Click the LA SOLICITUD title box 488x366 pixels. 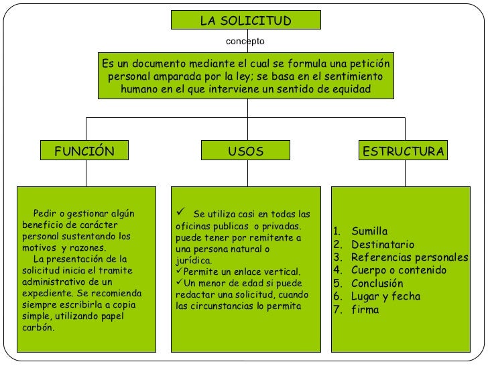click(x=246, y=20)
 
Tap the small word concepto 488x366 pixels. click(x=245, y=42)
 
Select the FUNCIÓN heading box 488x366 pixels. click(x=84, y=151)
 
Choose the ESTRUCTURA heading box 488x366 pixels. click(x=403, y=151)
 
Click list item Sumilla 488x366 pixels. click(x=369, y=231)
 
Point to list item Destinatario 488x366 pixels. click(x=383, y=245)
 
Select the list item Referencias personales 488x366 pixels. click(x=409, y=258)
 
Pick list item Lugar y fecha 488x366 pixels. click(x=385, y=297)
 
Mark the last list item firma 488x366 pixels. click(x=365, y=310)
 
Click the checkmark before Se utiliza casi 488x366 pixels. click(x=180, y=213)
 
